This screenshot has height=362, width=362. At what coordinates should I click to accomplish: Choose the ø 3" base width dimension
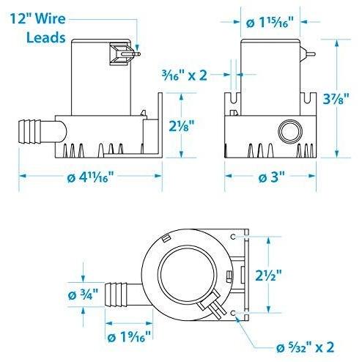tap(271, 177)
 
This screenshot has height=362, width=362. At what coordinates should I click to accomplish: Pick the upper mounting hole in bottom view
tap(234, 238)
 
